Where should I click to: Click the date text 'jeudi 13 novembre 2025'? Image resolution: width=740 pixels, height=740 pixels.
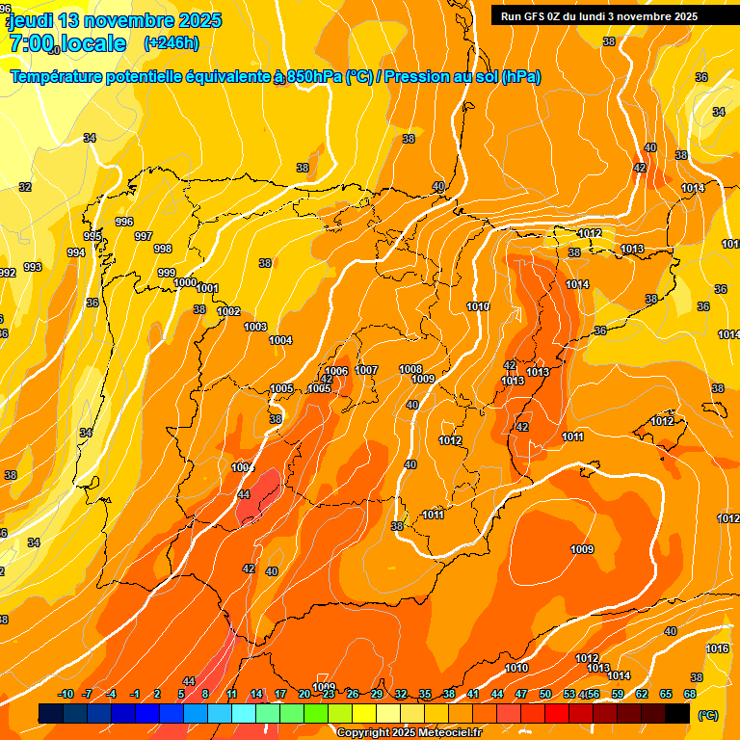pos(115,20)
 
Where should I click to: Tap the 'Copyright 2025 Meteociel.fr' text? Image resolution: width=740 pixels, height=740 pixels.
pos(409,733)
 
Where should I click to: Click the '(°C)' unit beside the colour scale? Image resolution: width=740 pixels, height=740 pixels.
pos(707,715)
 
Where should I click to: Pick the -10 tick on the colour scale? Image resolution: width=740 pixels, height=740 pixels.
pos(66,694)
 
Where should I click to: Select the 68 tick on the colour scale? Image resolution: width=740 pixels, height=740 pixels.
pos(690,694)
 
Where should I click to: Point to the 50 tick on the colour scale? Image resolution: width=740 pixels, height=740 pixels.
pos(545,694)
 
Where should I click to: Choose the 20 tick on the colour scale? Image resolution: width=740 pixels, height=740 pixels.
pos(304,694)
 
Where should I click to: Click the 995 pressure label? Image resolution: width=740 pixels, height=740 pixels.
pos(92,236)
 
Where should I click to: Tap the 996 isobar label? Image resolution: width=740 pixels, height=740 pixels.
pos(124,222)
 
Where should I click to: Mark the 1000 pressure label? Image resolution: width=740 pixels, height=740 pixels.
pos(185,282)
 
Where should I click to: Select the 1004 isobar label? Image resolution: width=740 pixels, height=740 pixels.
pos(280,340)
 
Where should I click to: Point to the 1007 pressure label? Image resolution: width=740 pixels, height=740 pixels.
pos(366,370)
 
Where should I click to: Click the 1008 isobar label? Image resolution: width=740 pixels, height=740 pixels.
pos(410,369)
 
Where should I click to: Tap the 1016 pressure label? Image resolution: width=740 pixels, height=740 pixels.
pos(717,648)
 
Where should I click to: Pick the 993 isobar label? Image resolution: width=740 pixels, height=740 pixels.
pos(33,267)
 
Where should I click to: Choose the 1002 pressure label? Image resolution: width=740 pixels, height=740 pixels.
pos(228,311)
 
